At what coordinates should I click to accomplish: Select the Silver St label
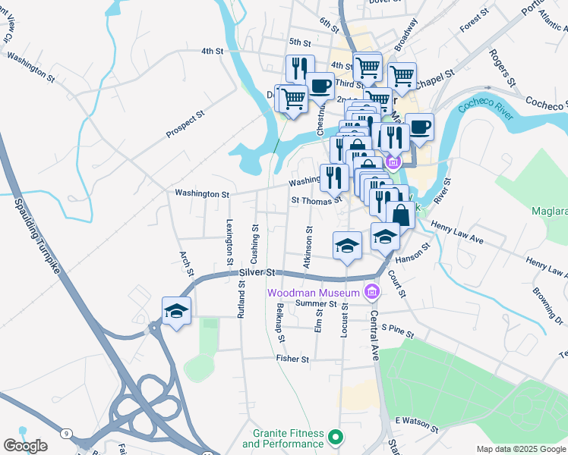tap(255, 272)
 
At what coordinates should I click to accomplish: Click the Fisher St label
tap(293, 359)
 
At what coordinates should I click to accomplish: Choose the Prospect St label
tap(186, 125)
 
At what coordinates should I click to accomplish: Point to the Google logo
tap(25, 446)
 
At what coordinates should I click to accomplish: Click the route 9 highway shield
tap(68, 433)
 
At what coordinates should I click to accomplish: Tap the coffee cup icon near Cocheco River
tap(419, 127)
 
